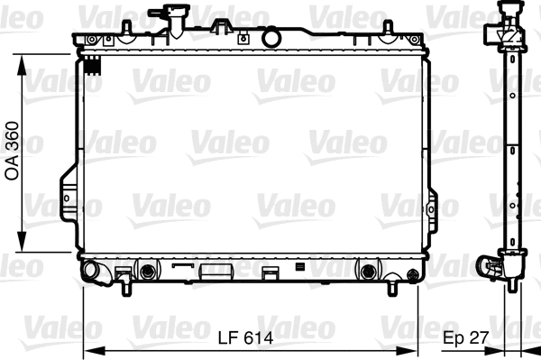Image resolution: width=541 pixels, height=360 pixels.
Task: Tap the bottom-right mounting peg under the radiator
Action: click(395, 289)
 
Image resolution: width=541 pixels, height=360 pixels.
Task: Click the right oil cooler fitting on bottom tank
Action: click(366, 271)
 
